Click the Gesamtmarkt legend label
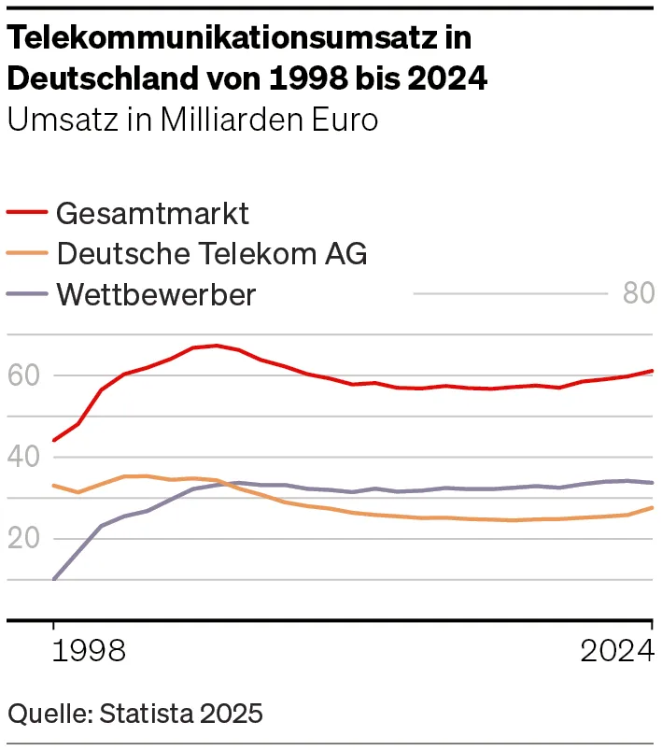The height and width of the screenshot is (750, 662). (152, 213)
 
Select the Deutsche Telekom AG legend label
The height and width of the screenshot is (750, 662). (211, 253)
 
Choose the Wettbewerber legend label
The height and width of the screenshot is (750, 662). (156, 294)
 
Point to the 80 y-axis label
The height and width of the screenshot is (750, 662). (639, 293)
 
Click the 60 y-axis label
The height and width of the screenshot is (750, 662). (23, 375)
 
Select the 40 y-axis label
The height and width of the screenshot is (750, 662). (23, 457)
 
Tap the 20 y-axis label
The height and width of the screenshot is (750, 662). (23, 538)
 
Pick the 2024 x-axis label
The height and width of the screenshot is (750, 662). (616, 651)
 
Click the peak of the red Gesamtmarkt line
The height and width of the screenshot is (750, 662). (216, 346)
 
